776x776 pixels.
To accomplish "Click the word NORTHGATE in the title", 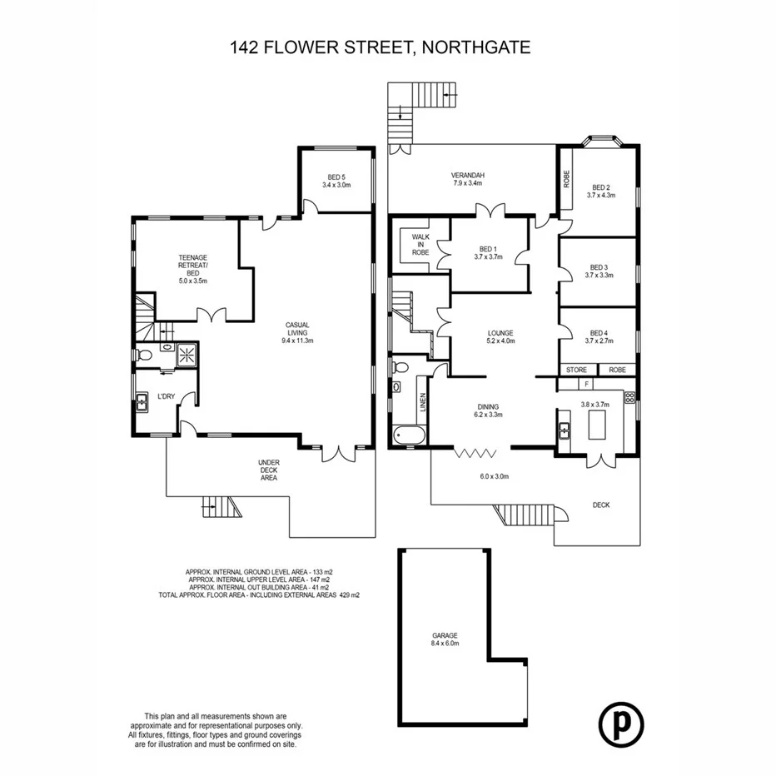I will pyautogui.click(x=477, y=47).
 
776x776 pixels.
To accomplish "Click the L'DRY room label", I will pyautogui.click(x=167, y=397).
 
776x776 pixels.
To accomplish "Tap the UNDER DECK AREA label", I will pyautogui.click(x=268, y=470).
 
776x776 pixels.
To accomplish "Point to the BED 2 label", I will pyautogui.click(x=601, y=191).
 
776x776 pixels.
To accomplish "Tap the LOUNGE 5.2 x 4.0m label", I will pyautogui.click(x=500, y=337).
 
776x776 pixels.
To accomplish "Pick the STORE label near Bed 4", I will pyautogui.click(x=576, y=370).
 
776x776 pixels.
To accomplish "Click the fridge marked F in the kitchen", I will pyautogui.click(x=588, y=385).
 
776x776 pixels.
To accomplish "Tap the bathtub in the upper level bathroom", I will pyautogui.click(x=409, y=435).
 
